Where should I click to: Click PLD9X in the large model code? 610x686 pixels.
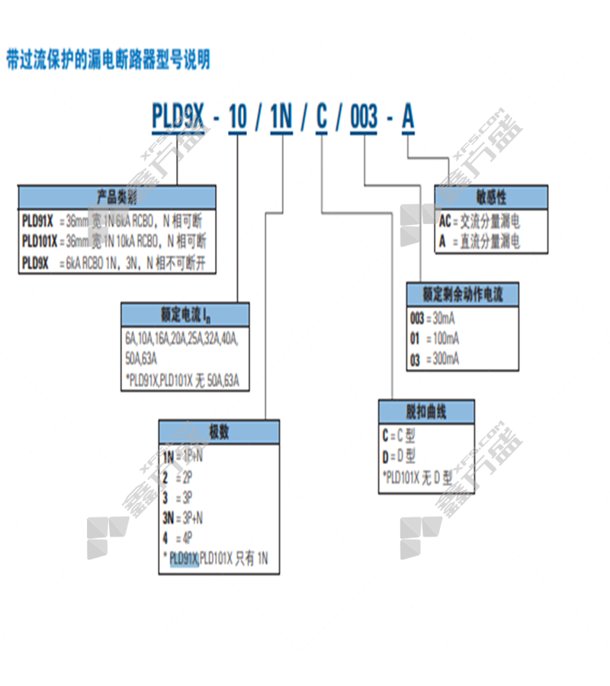point(178,118)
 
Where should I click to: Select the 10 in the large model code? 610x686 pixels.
point(238,118)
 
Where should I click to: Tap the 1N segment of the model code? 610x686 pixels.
point(281,118)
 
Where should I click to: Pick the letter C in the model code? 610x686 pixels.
point(322,118)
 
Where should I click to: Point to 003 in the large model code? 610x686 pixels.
point(364,118)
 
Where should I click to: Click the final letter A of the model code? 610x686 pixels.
point(408,118)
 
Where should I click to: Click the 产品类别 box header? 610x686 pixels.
point(117,197)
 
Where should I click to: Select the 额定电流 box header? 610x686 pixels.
point(185,314)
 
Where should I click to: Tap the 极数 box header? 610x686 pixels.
point(219,431)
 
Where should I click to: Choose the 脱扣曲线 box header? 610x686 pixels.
point(426,412)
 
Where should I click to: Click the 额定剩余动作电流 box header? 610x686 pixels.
point(463,295)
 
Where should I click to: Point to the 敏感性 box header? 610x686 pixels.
point(491,197)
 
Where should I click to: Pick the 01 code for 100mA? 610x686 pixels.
point(415,338)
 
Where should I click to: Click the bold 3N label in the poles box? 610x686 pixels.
point(169,518)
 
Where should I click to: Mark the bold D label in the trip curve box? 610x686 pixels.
point(386,457)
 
